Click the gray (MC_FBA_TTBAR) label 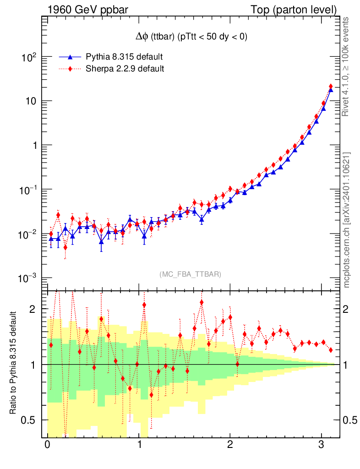point(191,274)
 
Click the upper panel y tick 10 point(30,101)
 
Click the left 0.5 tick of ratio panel point(31,420)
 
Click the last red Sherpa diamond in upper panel point(331,87)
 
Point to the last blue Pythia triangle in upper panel point(331,90)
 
